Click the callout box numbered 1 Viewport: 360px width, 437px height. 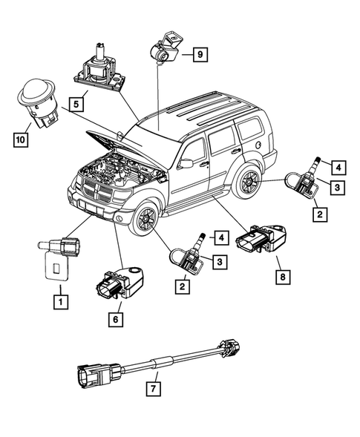59,301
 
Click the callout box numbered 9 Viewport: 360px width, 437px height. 201,53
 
